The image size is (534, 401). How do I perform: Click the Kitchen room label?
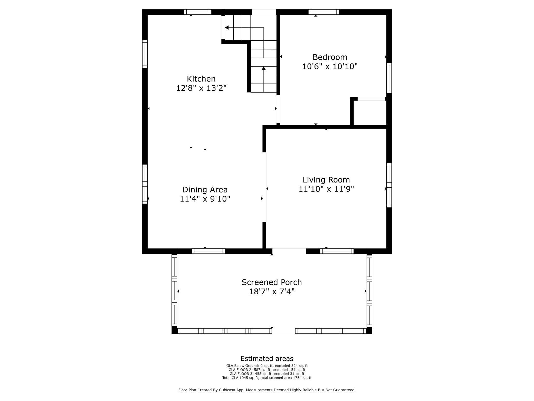pos(201,79)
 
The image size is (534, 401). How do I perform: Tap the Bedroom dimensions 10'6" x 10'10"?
pos(330,67)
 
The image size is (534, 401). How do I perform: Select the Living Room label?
pos(326,180)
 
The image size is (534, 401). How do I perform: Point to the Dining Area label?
pos(205,190)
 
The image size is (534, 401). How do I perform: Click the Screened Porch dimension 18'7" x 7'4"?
pos(272,292)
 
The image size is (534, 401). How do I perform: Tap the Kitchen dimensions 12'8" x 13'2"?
pos(201,88)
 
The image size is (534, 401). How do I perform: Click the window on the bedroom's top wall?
pos(323,12)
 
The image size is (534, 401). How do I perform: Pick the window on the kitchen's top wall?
pos(198,12)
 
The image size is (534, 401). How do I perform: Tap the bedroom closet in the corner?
pos(370,113)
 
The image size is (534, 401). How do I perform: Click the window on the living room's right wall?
pos(389,185)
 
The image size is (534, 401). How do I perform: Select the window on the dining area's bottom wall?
pos(208,251)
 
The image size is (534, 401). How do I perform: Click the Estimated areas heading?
pos(267,359)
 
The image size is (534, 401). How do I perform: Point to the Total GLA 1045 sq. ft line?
pos(267,378)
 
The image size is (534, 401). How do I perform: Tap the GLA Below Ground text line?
pos(267,366)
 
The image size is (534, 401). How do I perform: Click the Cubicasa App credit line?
pos(267,390)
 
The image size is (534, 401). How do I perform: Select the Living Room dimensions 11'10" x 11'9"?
pos(326,189)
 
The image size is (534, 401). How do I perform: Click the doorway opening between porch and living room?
pos(289,251)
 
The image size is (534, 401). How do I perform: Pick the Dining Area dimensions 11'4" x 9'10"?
pos(205,199)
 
